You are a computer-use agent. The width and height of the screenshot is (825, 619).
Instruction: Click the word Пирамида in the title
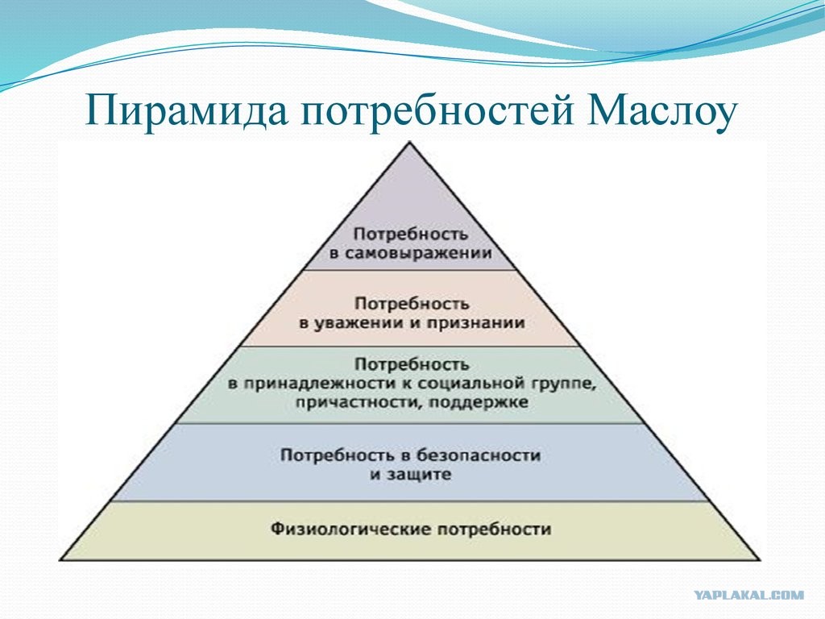187,110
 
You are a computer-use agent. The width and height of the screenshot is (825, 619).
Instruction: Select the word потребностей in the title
436,111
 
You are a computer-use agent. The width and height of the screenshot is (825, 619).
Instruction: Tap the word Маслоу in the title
661,110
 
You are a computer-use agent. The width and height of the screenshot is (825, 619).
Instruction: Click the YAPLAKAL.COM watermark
748,596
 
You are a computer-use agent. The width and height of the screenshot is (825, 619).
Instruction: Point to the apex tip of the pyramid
410,142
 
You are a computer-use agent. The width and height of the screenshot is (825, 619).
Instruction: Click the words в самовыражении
411,253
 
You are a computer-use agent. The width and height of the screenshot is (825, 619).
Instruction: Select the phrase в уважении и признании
412,322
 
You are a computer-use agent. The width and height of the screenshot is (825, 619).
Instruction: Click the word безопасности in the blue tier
478,455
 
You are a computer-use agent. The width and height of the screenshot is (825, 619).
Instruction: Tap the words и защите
410,474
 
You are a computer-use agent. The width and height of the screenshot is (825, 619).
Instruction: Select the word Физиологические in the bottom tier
351,529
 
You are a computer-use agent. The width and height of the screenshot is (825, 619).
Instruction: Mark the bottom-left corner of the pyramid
60,559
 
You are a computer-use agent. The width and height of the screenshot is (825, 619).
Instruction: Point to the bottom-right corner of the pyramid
761,559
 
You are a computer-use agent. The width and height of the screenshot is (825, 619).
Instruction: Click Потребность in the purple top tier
411,235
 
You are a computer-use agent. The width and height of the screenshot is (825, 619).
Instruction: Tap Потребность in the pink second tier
412,304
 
